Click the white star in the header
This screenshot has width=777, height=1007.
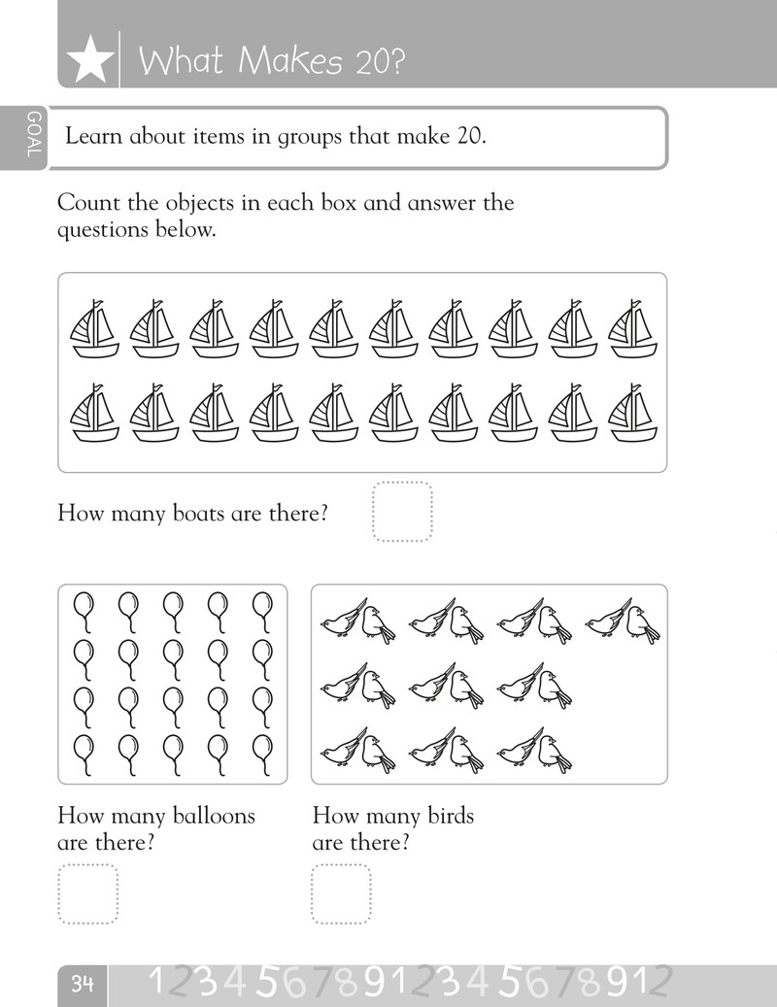pyautogui.click(x=90, y=60)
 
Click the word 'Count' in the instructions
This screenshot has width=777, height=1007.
pyautogui.click(x=88, y=203)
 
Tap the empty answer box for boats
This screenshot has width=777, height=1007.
pyautogui.click(x=403, y=512)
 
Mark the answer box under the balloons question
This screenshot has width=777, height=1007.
pyautogui.click(x=88, y=894)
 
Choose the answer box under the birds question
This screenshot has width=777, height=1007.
pyautogui.click(x=342, y=894)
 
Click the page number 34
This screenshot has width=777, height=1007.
pyautogui.click(x=83, y=984)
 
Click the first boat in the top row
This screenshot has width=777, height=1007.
pyautogui.click(x=94, y=328)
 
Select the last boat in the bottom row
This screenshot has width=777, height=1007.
pyautogui.click(x=632, y=413)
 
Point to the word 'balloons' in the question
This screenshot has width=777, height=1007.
pyautogui.click(x=215, y=816)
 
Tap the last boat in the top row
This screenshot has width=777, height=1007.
pyautogui.click(x=632, y=328)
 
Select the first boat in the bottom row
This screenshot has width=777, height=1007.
pyautogui.click(x=94, y=413)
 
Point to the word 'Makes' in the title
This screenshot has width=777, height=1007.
pyautogui.click(x=290, y=61)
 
